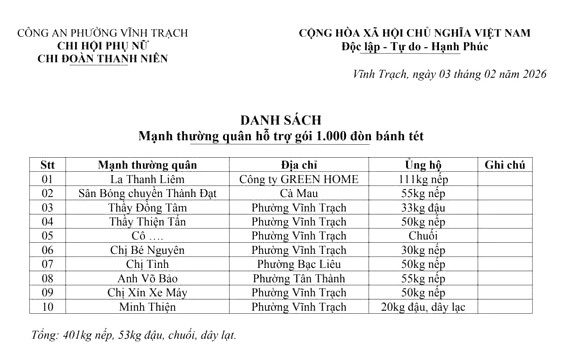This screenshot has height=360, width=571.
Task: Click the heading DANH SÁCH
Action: [x=285, y=118]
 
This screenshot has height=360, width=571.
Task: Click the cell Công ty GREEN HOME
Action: [x=298, y=179]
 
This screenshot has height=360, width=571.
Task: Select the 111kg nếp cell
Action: [x=423, y=179]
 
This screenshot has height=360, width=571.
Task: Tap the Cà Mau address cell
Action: [x=298, y=193]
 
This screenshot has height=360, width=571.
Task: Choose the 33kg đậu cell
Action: [x=423, y=207]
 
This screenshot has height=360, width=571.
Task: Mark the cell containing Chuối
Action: [x=423, y=236]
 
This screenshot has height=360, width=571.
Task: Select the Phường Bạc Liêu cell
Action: [x=298, y=264]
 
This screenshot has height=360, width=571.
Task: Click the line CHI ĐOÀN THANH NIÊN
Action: [x=91, y=59]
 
